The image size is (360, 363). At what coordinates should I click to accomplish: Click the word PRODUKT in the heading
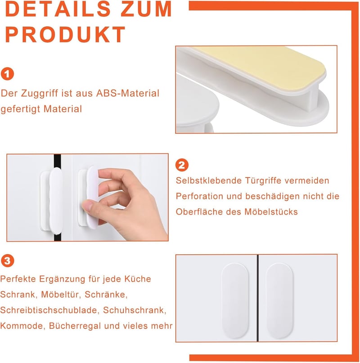tap(65, 34)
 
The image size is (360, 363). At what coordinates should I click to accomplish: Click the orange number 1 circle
tap(7, 74)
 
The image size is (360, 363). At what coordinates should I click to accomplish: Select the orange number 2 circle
tap(182, 165)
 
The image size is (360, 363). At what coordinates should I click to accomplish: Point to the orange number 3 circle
tap(7, 261)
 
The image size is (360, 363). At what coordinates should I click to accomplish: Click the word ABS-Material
tap(128, 93)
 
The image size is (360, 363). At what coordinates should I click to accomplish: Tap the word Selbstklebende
tap(208, 180)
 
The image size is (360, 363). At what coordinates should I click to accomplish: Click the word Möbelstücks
tap(271, 212)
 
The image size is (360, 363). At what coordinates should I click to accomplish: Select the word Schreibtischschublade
tap(50, 310)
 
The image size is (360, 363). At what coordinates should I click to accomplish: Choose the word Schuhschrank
tap(135, 310)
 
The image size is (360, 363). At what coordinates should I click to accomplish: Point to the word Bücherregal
tap(75, 326)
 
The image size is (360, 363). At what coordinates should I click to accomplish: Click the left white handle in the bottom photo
tap(234, 300)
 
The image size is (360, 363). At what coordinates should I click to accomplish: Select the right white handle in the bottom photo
tap(279, 300)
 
